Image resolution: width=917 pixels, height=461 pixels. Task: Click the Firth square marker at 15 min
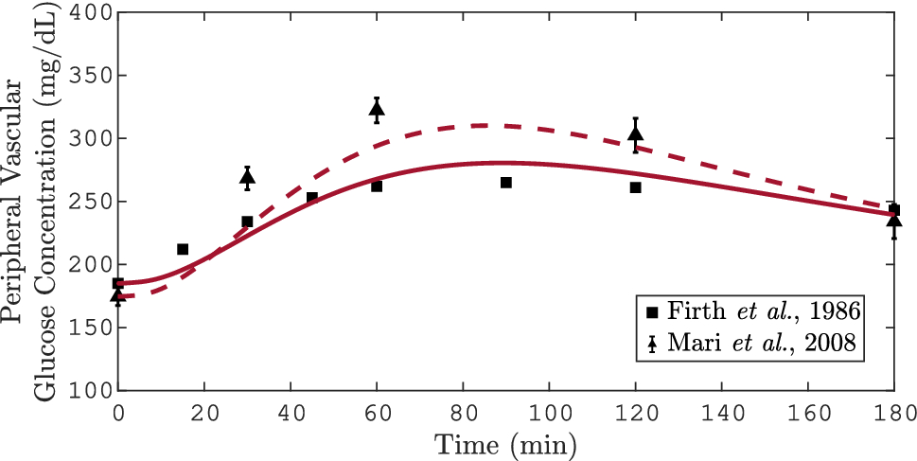[183, 250]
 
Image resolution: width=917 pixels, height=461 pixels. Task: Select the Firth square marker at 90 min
[506, 183]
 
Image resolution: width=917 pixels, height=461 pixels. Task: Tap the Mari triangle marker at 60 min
[377, 109]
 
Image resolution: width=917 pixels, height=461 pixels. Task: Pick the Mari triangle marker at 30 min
[247, 177]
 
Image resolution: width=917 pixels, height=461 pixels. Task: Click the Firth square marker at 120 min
[636, 187]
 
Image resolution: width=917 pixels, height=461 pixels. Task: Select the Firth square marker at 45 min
[312, 198]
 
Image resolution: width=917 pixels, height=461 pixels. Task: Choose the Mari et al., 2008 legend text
[761, 344]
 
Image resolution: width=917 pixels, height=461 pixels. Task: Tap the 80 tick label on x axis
[463, 412]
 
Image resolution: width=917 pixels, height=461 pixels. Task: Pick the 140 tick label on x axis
[722, 412]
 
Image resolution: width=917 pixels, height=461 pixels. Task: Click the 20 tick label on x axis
[204, 412]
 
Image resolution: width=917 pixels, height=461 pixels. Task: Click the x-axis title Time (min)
[505, 443]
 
